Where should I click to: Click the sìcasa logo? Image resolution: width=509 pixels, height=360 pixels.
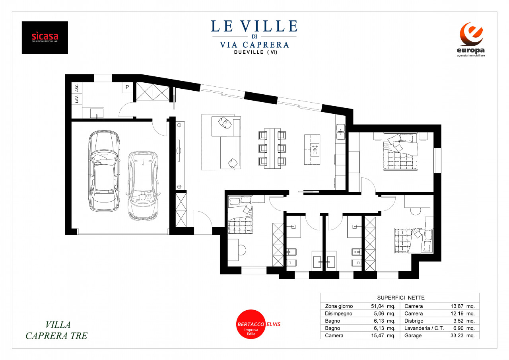[45, 37]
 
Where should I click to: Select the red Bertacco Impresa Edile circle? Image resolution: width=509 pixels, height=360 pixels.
[251, 324]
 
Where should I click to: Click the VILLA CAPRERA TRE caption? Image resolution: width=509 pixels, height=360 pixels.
[56, 330]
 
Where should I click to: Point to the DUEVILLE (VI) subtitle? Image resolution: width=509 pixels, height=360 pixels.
[256, 52]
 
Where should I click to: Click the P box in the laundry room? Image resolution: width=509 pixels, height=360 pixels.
[127, 87]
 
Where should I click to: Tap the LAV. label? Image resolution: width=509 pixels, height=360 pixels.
[77, 99]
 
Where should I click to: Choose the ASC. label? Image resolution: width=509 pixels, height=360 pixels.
[77, 88]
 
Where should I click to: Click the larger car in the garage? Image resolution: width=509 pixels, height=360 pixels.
[104, 171]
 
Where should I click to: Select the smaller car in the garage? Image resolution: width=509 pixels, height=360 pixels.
[143, 185]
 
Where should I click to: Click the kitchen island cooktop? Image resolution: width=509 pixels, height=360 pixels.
[315, 150]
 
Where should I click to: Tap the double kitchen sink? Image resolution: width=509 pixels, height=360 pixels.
[341, 132]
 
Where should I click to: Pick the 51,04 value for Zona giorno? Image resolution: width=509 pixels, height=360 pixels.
[377, 306]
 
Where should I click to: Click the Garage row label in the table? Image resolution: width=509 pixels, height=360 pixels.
[413, 335]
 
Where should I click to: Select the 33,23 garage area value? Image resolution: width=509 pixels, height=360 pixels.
[457, 335]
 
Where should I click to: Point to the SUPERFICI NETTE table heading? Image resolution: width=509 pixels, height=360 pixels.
[401, 298]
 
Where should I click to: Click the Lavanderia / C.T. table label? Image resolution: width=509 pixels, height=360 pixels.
[424, 328]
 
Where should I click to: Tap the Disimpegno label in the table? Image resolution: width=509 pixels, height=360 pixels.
[338, 313]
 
